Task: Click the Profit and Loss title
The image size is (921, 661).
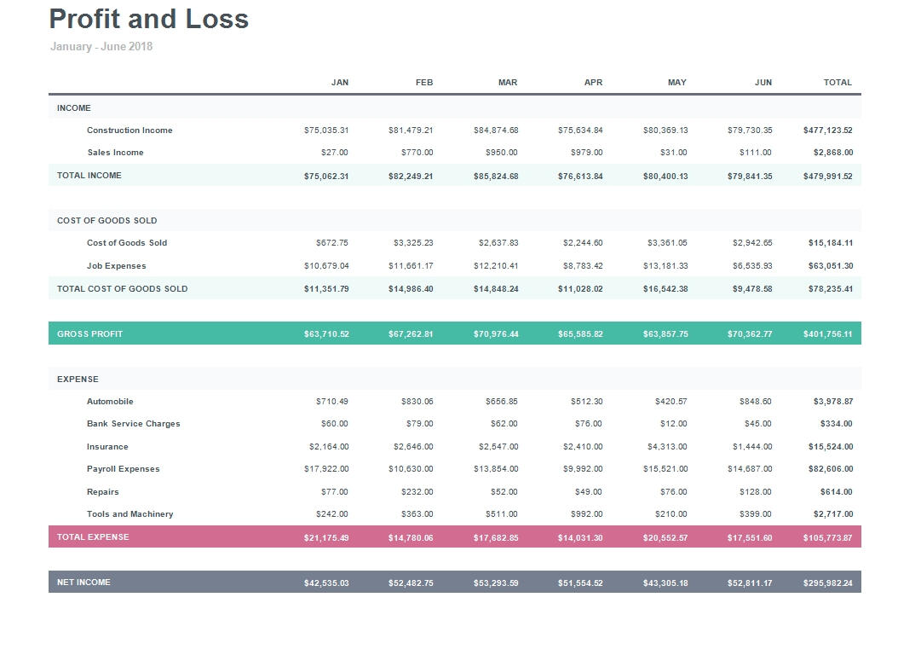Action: coord(149,19)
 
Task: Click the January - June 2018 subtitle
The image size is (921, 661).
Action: coord(101,47)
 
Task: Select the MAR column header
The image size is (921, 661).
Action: coord(507,83)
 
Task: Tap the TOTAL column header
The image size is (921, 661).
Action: coord(838,83)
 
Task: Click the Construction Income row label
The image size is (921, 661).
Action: coord(130,130)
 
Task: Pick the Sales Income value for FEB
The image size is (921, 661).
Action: coord(417,153)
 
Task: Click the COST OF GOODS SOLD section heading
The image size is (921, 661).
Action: coord(107,221)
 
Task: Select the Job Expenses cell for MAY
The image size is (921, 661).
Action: coord(665,266)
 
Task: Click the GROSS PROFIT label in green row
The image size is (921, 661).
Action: coord(90,334)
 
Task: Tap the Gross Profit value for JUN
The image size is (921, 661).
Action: coord(750,334)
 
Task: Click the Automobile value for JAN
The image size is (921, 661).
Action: coord(331,402)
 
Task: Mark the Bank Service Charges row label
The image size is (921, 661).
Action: coord(134,424)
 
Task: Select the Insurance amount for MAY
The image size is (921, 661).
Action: coord(667,447)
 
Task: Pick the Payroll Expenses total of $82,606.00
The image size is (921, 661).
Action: coord(830,469)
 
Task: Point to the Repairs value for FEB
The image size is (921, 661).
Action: coord(417,492)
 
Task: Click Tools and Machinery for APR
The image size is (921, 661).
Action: coord(586,514)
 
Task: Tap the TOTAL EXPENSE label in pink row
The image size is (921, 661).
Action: coord(93,537)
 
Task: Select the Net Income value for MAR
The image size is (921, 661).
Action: coord(496,583)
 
